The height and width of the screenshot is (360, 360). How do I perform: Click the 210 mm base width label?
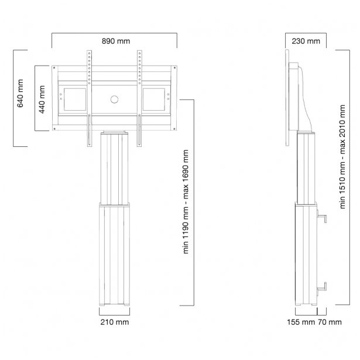114,321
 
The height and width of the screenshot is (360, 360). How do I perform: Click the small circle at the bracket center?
114,98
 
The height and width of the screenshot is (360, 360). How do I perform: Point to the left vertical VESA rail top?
89,56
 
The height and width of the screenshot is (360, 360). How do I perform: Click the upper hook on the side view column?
322,218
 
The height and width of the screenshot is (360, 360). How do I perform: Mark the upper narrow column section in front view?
114,167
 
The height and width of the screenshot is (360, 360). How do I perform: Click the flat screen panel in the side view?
288,100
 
